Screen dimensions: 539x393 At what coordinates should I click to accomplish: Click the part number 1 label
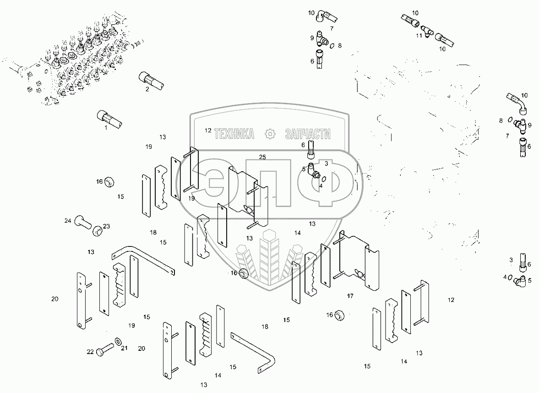tap(106, 127)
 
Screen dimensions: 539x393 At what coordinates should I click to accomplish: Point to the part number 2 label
tap(147, 89)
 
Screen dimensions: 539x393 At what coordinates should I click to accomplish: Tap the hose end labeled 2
tap(151, 80)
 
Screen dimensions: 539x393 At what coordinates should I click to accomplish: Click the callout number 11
tap(419, 35)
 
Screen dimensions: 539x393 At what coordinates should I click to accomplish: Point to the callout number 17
tap(350, 296)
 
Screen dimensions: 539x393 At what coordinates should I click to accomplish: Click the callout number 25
tap(262, 157)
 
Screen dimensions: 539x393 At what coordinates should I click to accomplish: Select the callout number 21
tap(124, 348)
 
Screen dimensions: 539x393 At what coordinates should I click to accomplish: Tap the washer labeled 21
tap(118, 341)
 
